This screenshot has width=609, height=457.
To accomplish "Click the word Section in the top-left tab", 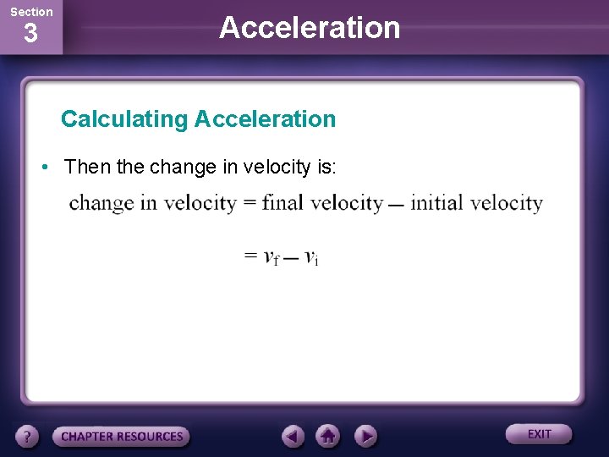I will point(30,12).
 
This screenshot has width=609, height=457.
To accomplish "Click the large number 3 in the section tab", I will point(30,36).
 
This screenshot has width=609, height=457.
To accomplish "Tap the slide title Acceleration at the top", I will point(310,27).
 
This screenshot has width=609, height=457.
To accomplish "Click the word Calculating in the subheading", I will point(124,119).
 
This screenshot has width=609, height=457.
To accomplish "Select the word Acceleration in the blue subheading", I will point(265,119).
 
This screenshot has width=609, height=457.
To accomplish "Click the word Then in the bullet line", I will point(87,168).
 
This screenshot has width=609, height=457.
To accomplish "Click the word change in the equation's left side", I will point(101,203).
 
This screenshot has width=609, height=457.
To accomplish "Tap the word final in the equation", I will point(283,203).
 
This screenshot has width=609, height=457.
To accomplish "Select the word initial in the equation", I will point(437,203).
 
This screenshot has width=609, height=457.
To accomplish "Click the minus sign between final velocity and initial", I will point(396,206).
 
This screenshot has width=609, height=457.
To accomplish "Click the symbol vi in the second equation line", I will point(311,257).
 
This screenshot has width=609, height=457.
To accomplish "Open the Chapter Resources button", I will point(122,437).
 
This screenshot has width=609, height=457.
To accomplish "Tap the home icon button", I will point(328,437).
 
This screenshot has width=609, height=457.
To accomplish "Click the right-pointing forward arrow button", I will point(365,437).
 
